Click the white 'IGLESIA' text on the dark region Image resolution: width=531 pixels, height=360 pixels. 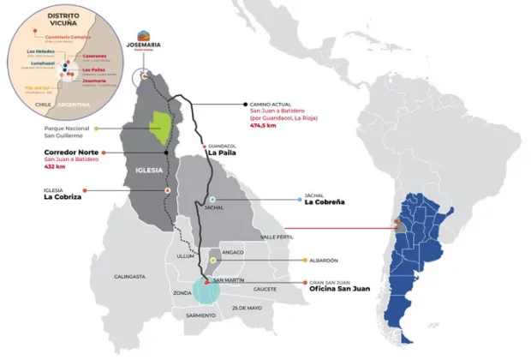[x=149, y=170]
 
